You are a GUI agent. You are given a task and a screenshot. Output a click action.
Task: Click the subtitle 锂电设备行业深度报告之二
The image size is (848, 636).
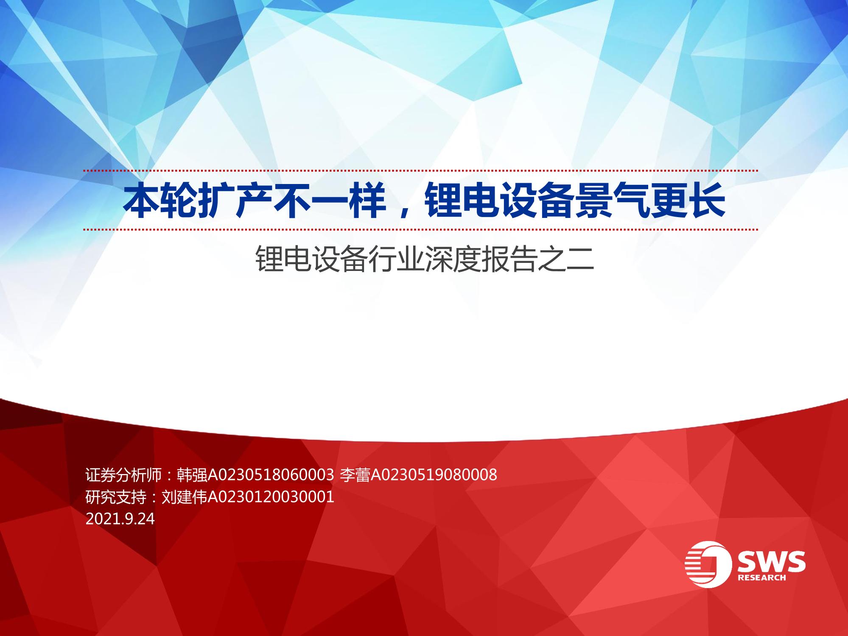(x=424, y=259)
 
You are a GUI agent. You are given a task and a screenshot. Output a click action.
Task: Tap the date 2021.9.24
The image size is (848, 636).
(x=120, y=519)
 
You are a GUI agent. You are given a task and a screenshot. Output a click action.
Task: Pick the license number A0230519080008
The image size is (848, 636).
(x=434, y=475)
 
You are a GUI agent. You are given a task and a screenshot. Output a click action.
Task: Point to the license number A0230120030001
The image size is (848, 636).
(x=271, y=497)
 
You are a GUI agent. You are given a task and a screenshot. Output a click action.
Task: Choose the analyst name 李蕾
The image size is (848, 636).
(x=355, y=475)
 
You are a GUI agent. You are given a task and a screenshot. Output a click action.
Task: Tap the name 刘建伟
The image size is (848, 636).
(x=184, y=497)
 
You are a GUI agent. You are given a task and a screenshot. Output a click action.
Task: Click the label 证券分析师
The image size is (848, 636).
(x=123, y=475)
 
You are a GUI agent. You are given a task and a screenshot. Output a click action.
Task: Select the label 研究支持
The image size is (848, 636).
(x=116, y=497)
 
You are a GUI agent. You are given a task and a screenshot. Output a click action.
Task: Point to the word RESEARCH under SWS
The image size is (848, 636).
(x=762, y=577)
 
